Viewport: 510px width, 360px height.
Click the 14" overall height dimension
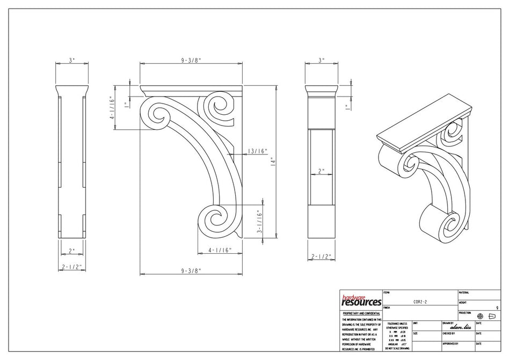click(x=273, y=160)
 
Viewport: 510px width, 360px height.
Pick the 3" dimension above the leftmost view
click(x=72, y=61)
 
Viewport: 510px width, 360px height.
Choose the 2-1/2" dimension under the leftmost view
click(x=72, y=266)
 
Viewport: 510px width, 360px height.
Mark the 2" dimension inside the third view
click(x=322, y=171)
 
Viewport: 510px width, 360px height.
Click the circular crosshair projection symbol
click(x=480, y=316)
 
